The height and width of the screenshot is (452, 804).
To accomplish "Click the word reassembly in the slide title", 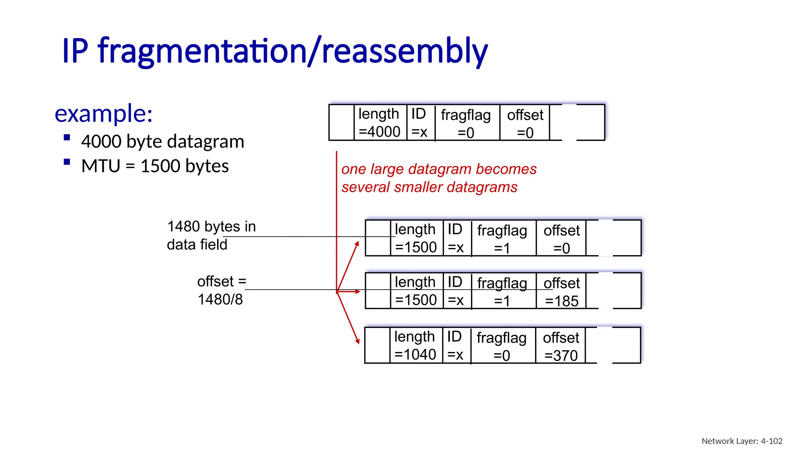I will point(404,51).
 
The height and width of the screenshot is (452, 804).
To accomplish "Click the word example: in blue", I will point(104,114).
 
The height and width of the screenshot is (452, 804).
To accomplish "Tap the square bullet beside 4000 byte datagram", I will point(67,137).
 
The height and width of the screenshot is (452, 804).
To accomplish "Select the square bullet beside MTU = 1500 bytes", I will point(67,162).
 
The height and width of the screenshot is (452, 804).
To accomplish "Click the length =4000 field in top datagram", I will point(379,122).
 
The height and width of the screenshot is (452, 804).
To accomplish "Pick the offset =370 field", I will point(561,346).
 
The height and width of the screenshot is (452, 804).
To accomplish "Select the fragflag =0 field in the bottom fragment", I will point(502,346).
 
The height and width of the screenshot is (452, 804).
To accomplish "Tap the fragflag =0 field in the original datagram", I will point(466,123).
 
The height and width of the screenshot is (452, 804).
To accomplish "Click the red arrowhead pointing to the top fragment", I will point(357,244).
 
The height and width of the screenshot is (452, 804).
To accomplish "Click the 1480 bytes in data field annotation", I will point(211,235).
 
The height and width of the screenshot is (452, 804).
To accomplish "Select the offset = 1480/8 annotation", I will point(221,290).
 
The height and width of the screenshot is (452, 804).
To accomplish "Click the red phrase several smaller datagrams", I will point(429,187).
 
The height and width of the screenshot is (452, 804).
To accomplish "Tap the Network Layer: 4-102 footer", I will point(742,441).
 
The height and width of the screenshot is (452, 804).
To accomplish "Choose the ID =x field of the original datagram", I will point(419,122).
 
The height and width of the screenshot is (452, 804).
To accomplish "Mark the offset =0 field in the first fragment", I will point(561,239).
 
